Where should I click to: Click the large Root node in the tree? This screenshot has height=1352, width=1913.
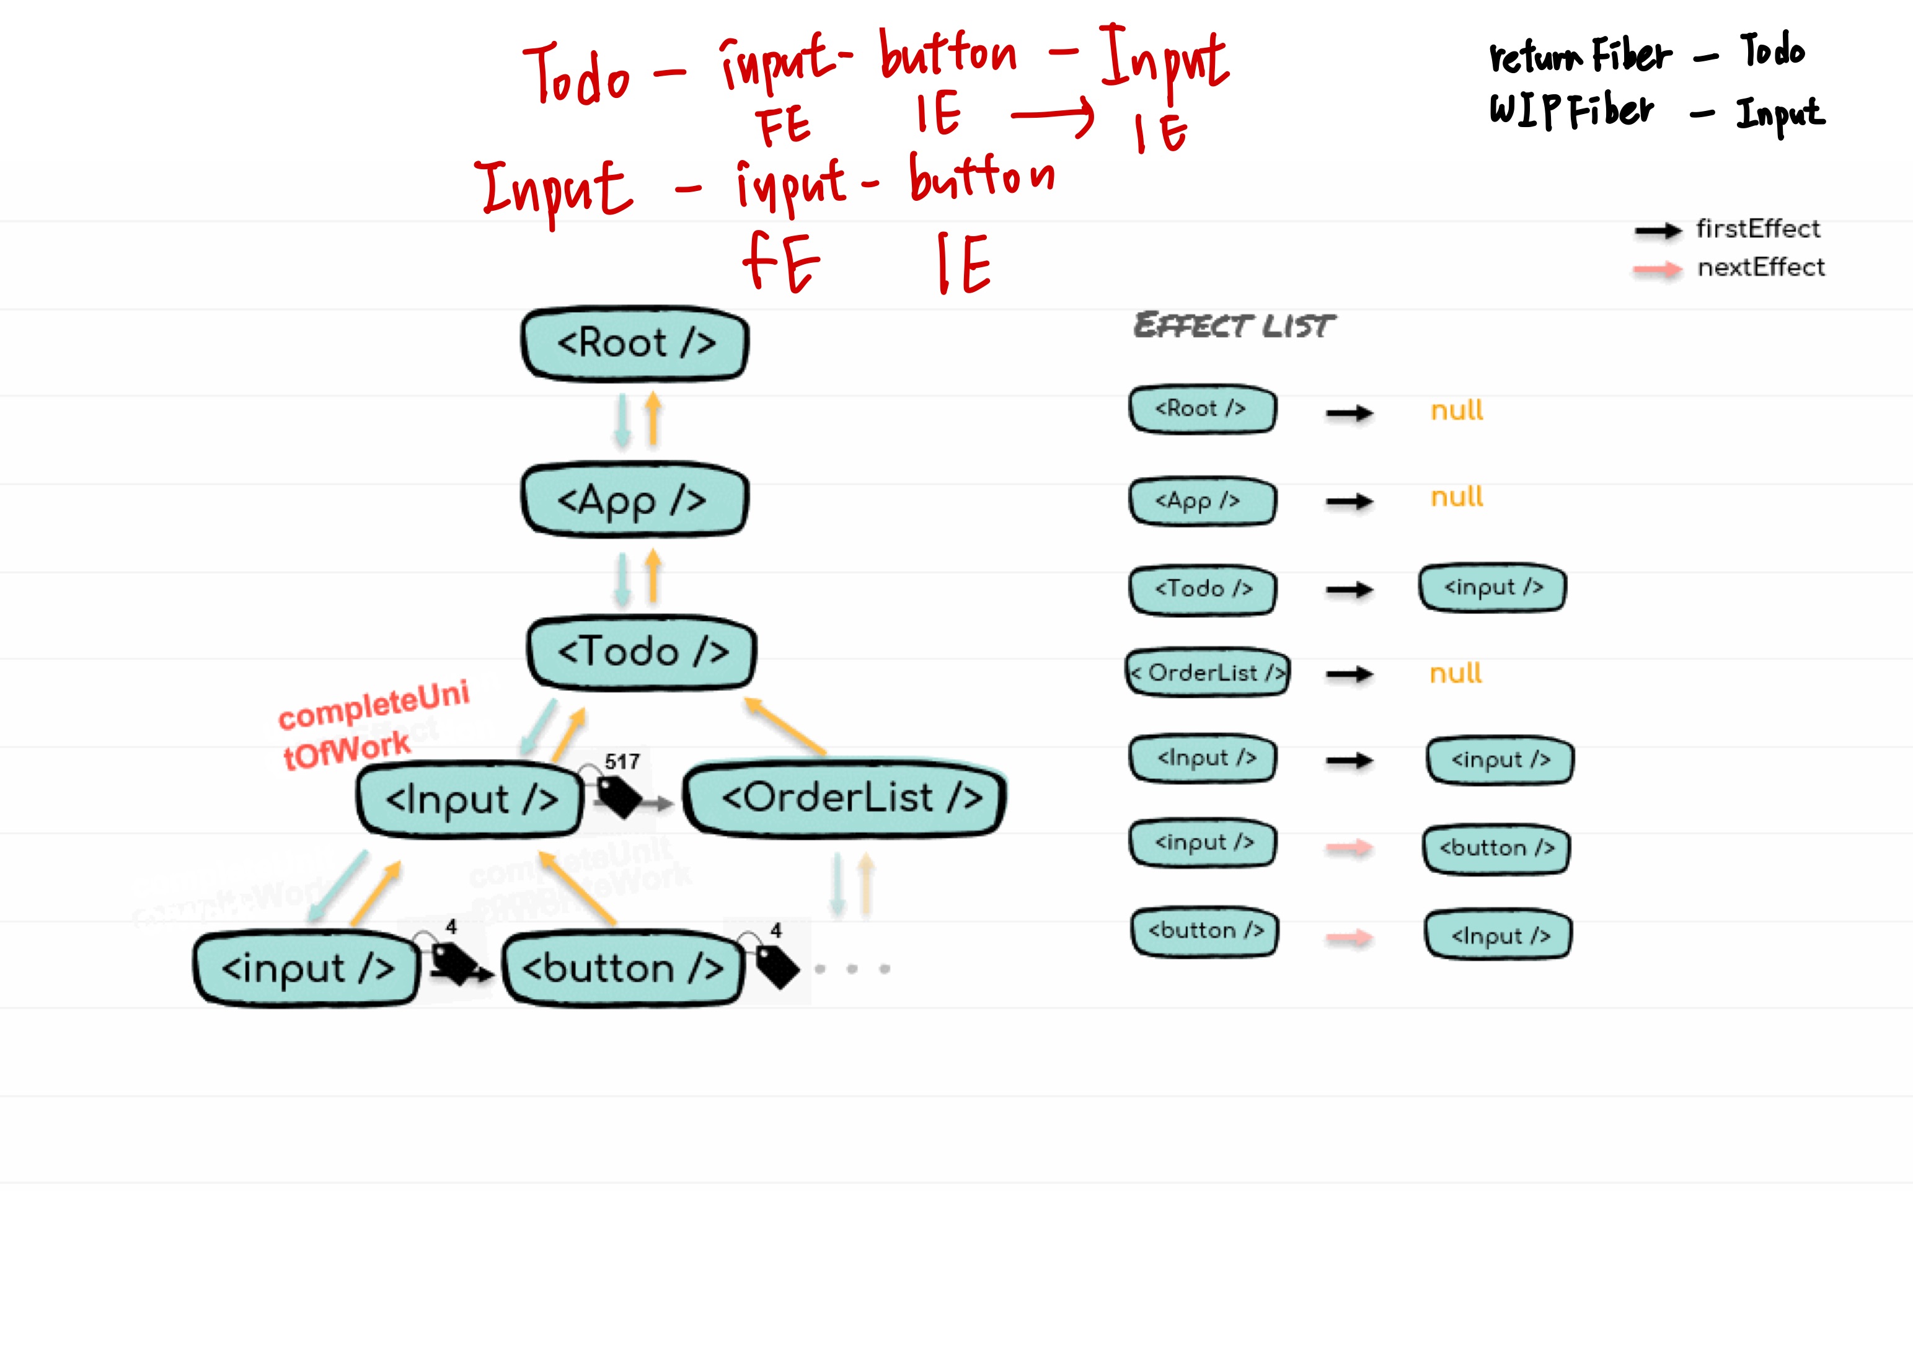tap(635, 343)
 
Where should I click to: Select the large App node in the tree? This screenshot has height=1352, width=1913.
tap(634, 500)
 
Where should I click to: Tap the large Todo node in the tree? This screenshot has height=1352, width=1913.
tap(642, 652)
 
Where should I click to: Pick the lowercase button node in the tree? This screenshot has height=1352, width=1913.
tap(622, 968)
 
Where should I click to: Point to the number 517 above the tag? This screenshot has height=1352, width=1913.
tap(622, 761)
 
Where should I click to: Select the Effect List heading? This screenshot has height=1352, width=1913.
tap(1234, 325)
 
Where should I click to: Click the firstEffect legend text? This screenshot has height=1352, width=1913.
tap(1758, 228)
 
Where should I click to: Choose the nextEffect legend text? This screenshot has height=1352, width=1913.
tap(1761, 267)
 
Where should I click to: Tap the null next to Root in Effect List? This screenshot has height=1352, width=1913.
tap(1456, 410)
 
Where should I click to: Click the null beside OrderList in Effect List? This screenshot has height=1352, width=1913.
tap(1456, 673)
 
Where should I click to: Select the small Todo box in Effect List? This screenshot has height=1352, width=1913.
tap(1203, 590)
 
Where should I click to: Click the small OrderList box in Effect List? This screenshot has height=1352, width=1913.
tap(1208, 672)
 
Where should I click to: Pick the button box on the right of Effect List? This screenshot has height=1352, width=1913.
tap(1496, 849)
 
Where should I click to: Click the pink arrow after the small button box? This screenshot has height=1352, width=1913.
tap(1349, 938)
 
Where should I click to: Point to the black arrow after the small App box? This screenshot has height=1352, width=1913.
tap(1349, 501)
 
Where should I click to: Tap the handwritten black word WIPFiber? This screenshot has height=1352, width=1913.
tap(1571, 111)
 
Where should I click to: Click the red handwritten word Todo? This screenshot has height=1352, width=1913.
tap(577, 75)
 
